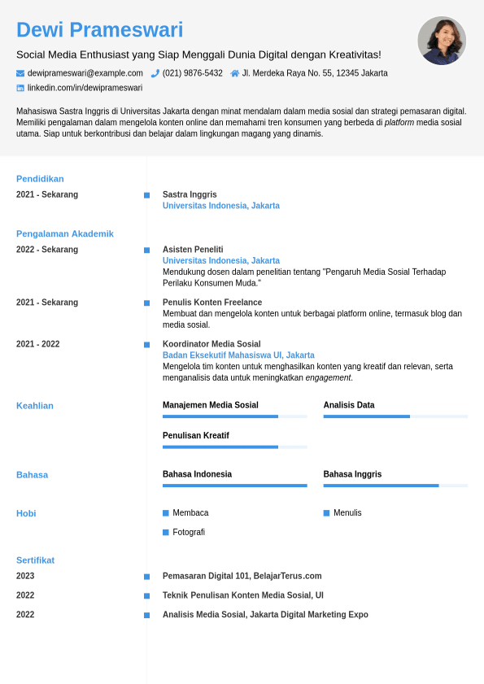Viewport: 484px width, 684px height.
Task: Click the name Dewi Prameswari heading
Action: (99, 30)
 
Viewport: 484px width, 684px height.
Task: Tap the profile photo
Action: (442, 41)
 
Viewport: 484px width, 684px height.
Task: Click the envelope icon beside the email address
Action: (20, 73)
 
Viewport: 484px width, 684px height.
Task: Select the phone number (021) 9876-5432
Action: (192, 73)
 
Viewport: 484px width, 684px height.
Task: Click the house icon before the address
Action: (235, 73)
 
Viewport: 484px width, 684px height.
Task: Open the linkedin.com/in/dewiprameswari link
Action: (85, 88)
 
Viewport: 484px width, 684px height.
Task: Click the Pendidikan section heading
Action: (40, 179)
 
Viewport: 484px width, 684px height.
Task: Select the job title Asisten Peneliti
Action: (193, 250)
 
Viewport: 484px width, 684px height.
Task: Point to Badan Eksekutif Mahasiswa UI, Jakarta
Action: (238, 355)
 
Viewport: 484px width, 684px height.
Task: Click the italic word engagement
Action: (328, 377)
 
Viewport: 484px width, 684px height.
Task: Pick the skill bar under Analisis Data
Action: (395, 416)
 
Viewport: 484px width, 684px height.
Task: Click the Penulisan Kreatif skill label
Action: (196, 436)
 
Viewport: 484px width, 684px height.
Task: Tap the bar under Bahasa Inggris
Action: (395, 486)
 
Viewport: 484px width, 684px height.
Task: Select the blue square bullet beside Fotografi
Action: (166, 532)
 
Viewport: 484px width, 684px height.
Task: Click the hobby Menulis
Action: (347, 513)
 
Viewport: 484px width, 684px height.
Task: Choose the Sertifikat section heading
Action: (35, 560)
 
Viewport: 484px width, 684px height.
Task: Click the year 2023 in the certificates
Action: (25, 576)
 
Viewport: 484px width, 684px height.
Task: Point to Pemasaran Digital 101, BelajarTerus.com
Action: (242, 576)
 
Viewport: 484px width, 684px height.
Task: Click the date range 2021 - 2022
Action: (37, 344)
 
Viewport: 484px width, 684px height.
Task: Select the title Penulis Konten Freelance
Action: (212, 303)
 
